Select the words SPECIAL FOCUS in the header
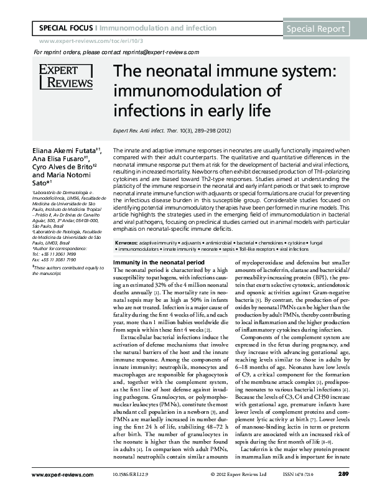[x=65, y=29]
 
